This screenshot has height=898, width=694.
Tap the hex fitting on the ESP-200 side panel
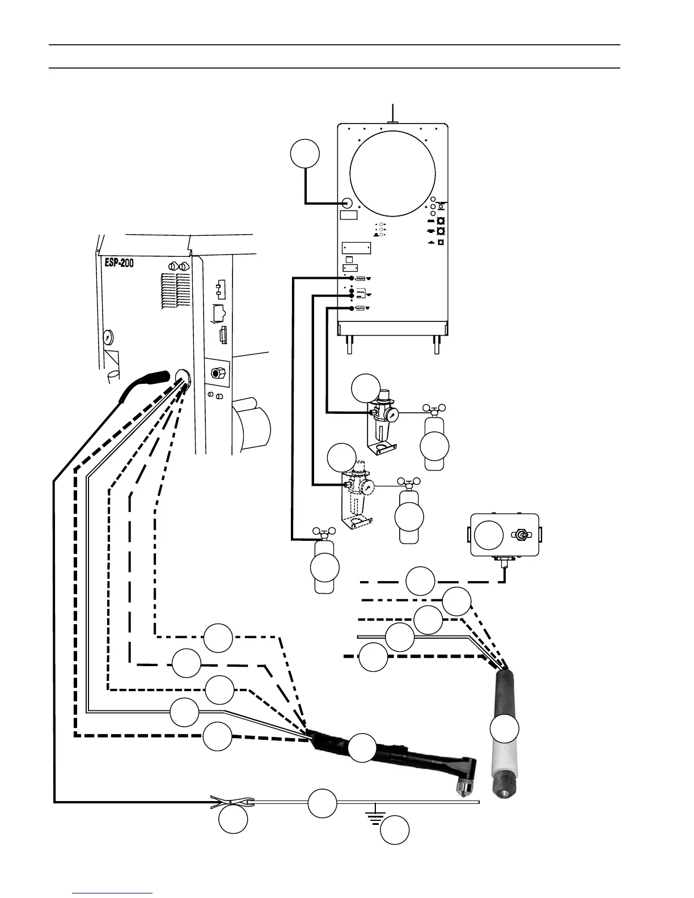[x=217, y=372]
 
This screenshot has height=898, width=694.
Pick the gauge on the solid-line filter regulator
[x=391, y=415]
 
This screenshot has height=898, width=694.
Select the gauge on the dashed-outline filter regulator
[x=367, y=488]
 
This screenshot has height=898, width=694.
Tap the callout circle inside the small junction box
[x=488, y=535]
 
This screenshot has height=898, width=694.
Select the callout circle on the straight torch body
[x=504, y=728]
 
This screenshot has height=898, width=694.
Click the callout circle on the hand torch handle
[x=362, y=748]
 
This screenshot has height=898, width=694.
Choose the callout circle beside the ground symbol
[x=395, y=831]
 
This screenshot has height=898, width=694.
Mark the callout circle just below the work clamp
[x=233, y=820]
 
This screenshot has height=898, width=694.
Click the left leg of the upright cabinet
[x=348, y=344]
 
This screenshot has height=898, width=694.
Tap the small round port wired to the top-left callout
[x=348, y=202]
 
